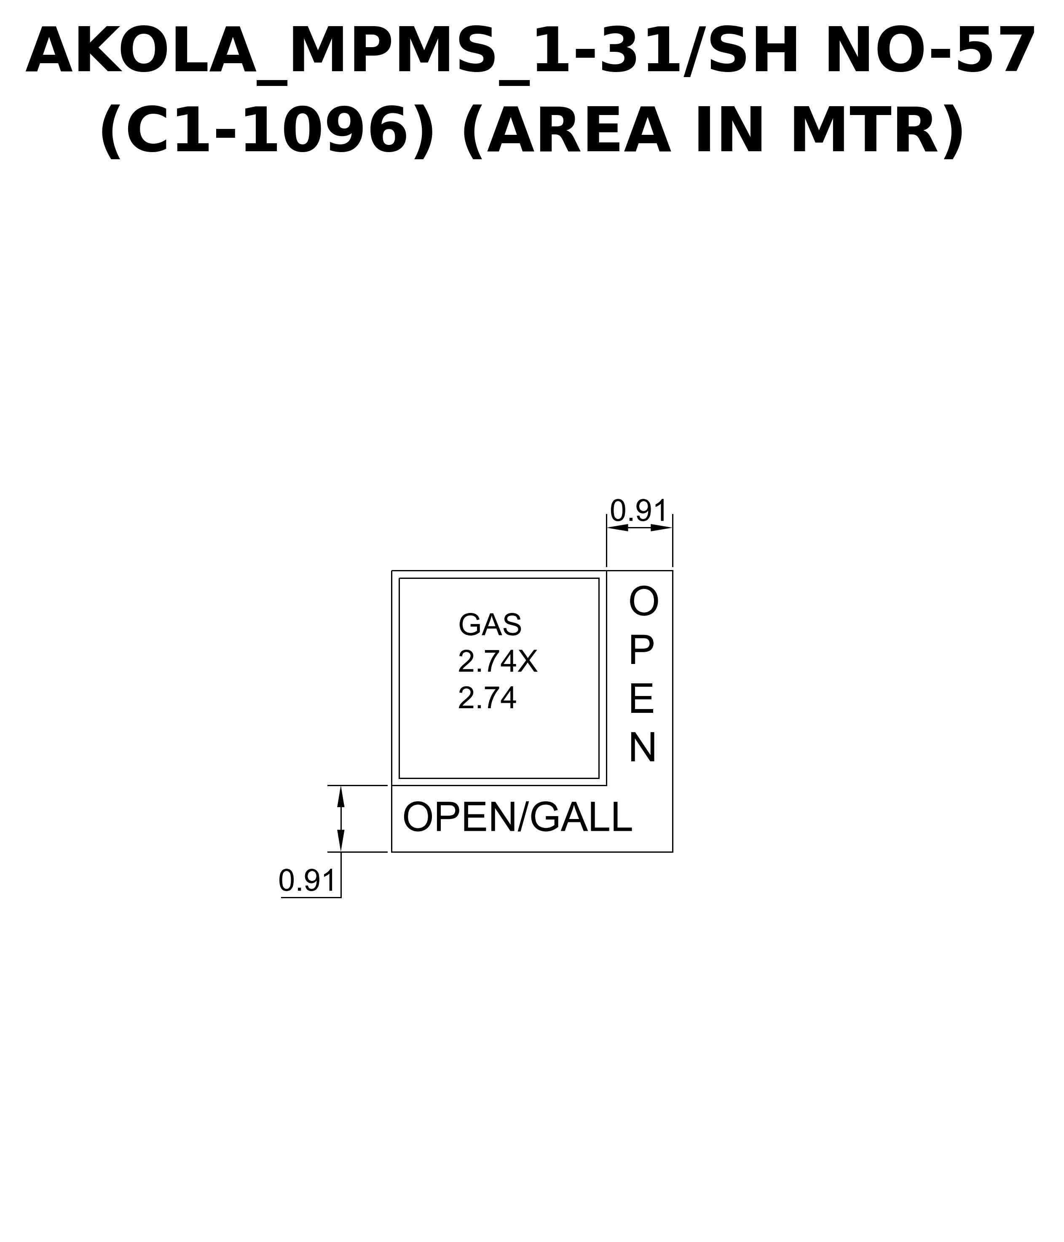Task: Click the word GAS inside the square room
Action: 490,625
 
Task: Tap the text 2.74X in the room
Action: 498,662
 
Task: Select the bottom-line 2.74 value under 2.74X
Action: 487,699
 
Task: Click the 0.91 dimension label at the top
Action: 638,511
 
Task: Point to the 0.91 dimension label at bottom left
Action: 307,881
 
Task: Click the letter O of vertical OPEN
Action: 643,601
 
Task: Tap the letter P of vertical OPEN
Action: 641,650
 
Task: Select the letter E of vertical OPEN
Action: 641,699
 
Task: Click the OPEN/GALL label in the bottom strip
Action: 517,817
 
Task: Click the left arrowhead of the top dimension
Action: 617,527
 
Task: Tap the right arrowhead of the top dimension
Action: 662,527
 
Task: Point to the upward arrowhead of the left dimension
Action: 341,797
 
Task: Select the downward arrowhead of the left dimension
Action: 341,840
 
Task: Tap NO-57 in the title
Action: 930,51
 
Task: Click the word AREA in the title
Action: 579,130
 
